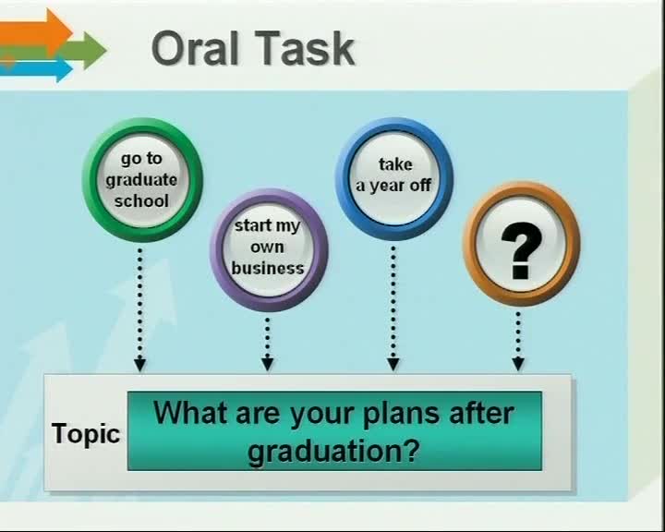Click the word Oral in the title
pyautogui.click(x=195, y=48)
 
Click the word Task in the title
pyautogui.click(x=305, y=48)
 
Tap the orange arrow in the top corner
pyautogui.click(x=36, y=31)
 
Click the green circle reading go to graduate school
pyautogui.click(x=142, y=179)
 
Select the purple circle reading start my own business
pyautogui.click(x=269, y=250)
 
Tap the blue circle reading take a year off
pyautogui.click(x=394, y=178)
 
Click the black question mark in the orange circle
pyautogui.click(x=521, y=250)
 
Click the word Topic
pyautogui.click(x=86, y=433)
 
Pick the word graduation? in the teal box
pyautogui.click(x=333, y=451)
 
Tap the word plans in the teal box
pyautogui.click(x=401, y=414)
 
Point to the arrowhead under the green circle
pyautogui.click(x=140, y=365)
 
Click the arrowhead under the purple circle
pyautogui.click(x=267, y=364)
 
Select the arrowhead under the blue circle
pyautogui.click(x=393, y=364)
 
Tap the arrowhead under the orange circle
pyautogui.click(x=518, y=364)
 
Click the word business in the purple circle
pyautogui.click(x=268, y=268)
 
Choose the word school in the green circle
pyautogui.click(x=141, y=200)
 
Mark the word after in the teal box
pyautogui.click(x=481, y=412)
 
